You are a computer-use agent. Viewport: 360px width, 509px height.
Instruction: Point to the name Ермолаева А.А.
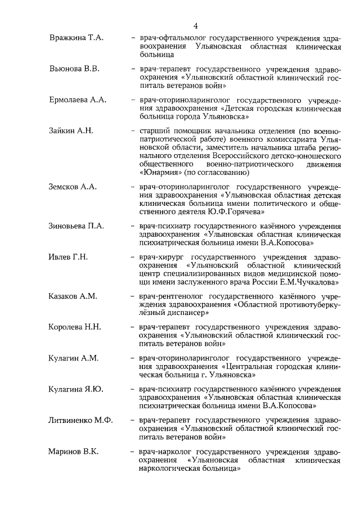pos(77,100)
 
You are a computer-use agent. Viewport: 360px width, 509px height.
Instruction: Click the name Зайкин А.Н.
pos(71,131)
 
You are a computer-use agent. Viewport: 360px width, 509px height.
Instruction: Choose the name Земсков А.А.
pos(73,187)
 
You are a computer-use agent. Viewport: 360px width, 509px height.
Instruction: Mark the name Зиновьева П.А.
pos(76,226)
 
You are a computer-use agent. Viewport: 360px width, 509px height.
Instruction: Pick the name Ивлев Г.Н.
pos(68,257)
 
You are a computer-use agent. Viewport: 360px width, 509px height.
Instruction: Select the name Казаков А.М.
pos(73,296)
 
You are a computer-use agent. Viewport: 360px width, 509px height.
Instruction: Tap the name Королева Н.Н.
pos(75,327)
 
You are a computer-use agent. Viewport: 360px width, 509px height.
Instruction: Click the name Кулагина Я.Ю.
pos(76,389)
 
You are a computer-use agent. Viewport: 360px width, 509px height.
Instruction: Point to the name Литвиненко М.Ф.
pos(80,420)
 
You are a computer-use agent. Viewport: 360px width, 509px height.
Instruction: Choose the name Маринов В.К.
pos(73,452)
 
